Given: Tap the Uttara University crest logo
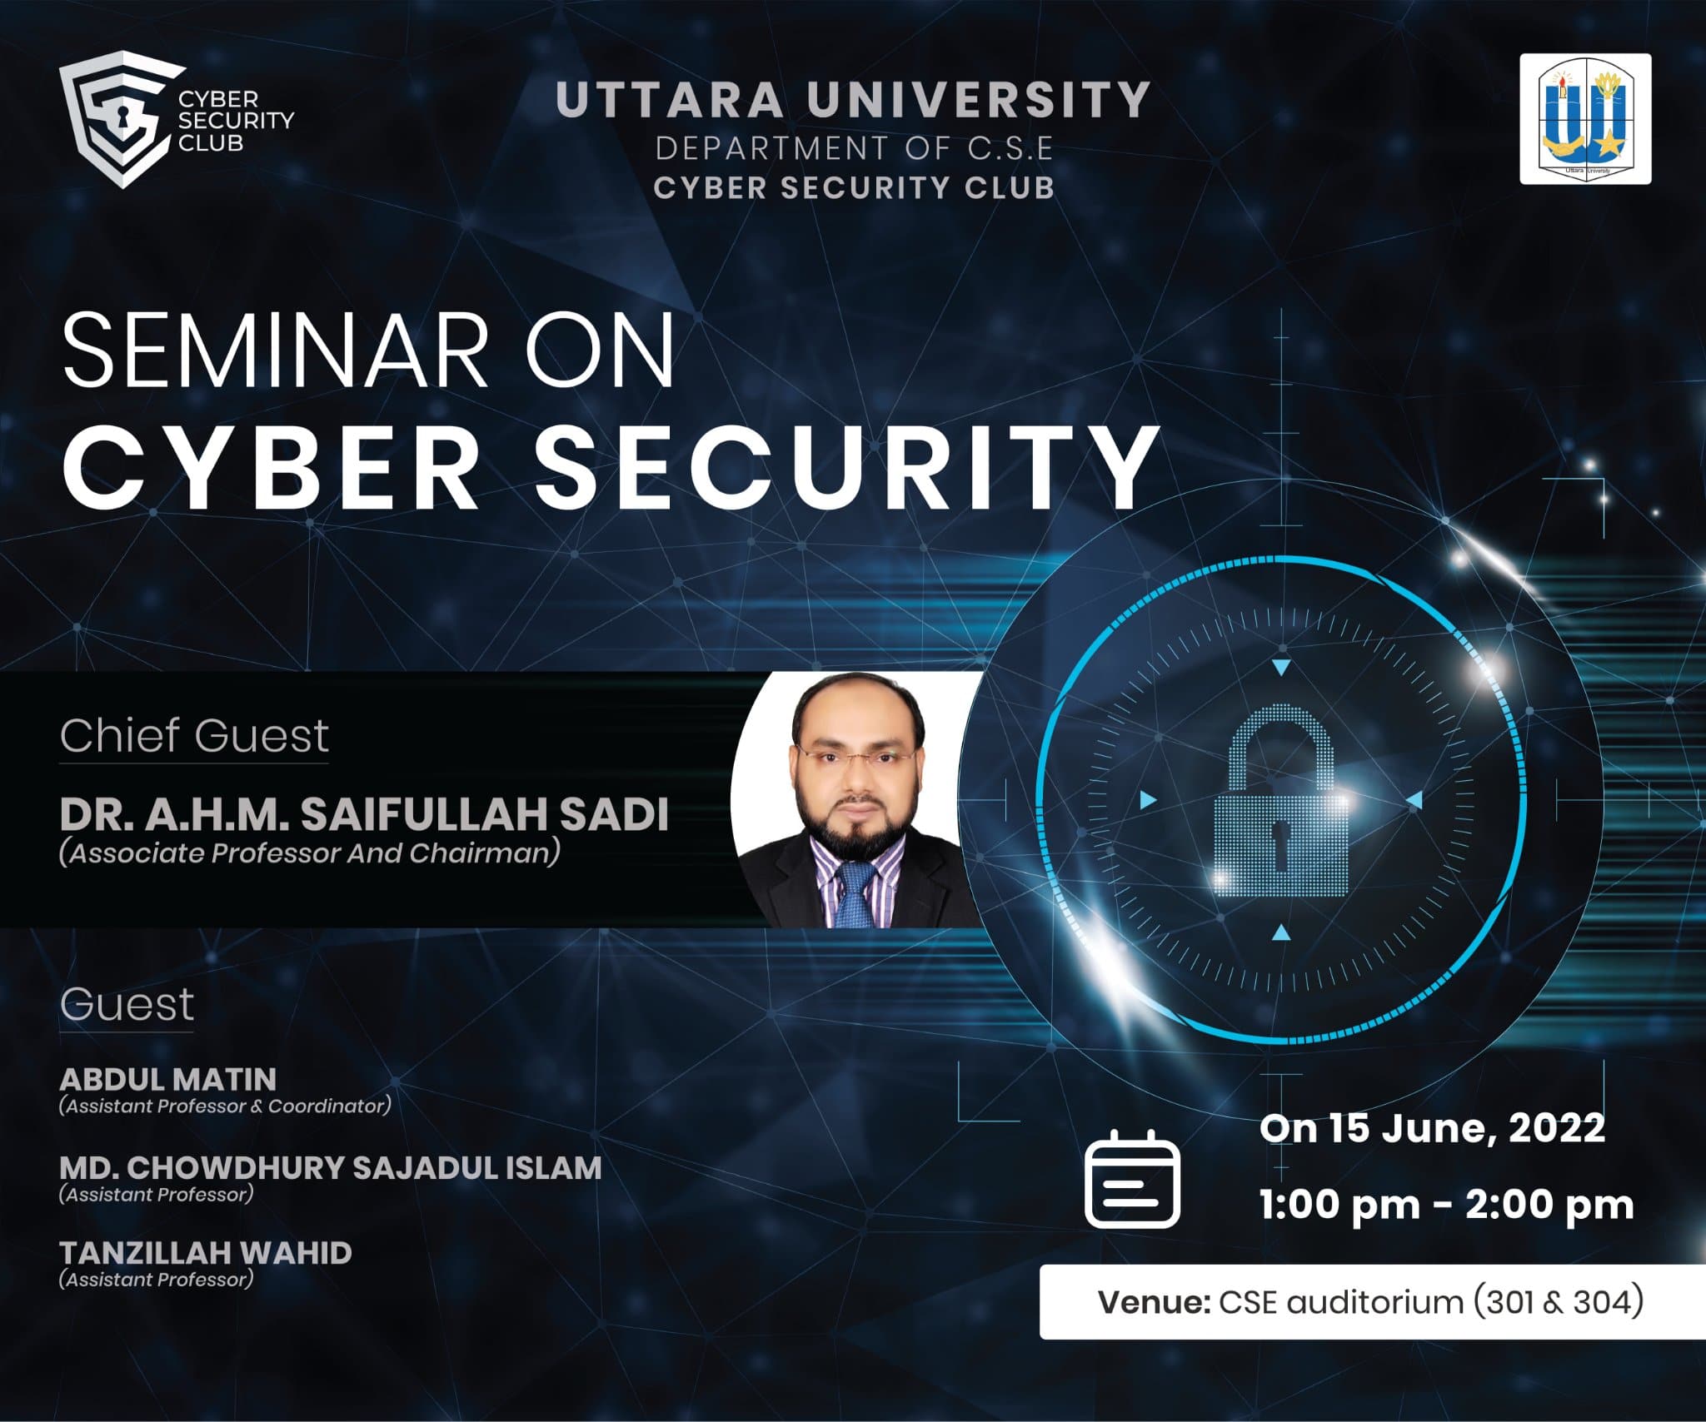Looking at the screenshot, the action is [x=1585, y=119].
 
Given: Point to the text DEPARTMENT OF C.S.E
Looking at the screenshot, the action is [x=854, y=148].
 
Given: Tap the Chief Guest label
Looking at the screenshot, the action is [x=194, y=736].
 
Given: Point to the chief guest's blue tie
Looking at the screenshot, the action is [x=855, y=894].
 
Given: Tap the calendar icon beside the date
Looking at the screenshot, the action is [x=1133, y=1178].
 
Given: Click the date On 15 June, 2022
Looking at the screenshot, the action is [x=1432, y=1129].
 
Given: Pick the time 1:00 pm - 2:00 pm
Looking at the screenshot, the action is [x=1446, y=1205].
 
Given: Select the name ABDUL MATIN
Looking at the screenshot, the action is [x=167, y=1080].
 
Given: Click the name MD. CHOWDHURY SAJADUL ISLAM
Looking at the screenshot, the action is [x=330, y=1168].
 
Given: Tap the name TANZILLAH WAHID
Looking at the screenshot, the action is [x=206, y=1253].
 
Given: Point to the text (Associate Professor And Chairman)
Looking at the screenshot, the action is [x=309, y=854].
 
